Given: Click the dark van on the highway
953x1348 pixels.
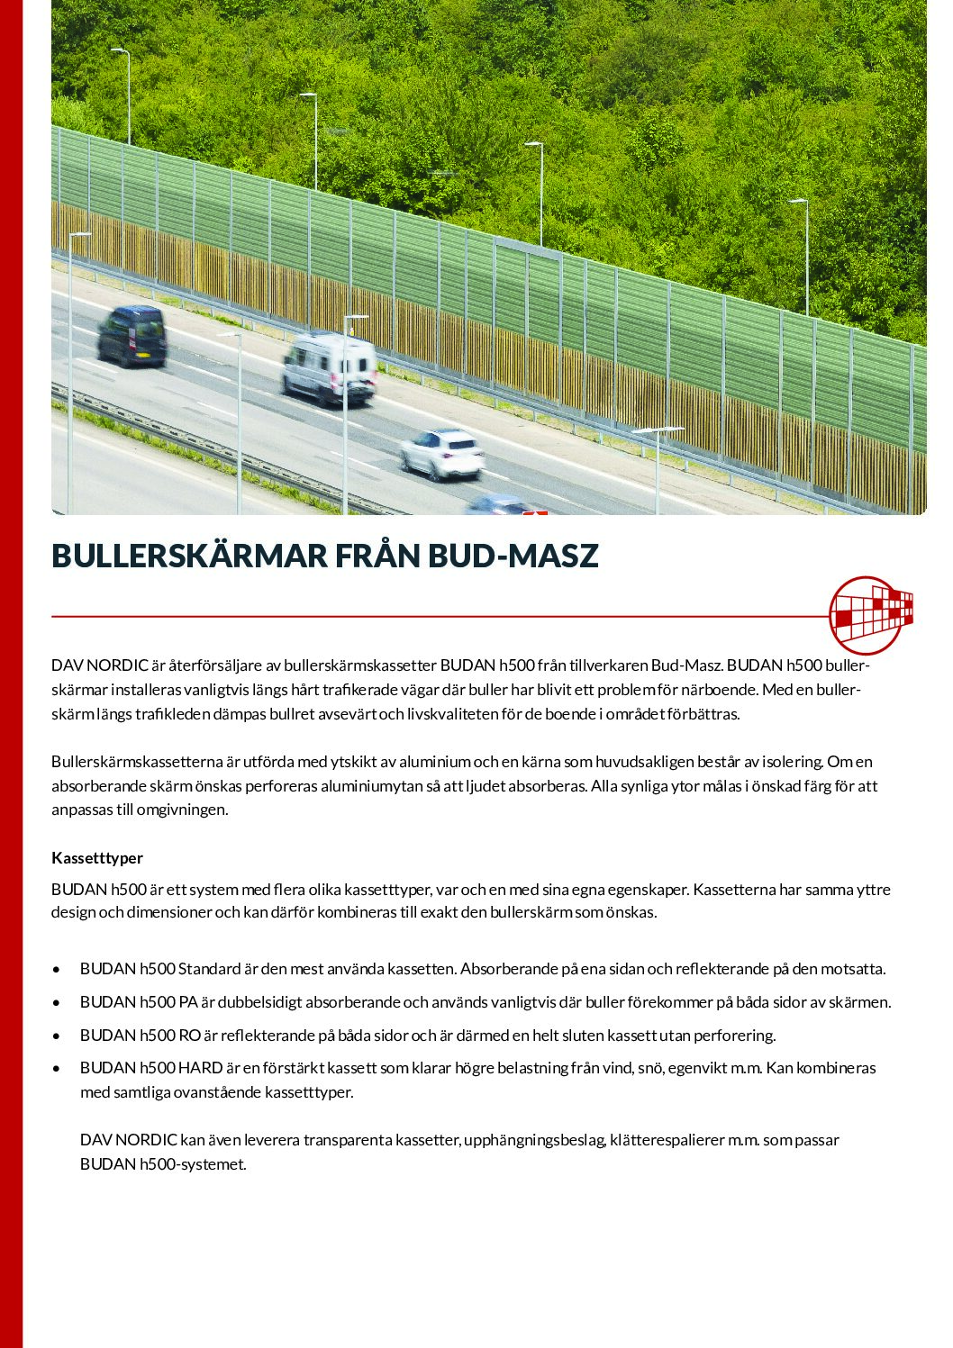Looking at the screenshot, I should click(132, 335).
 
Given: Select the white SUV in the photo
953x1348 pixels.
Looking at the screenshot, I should click(441, 454).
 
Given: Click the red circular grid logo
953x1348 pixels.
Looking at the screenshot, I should click(868, 615).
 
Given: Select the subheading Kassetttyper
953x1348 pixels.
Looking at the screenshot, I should click(97, 857).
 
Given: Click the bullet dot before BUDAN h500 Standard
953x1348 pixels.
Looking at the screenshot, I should click(57, 970).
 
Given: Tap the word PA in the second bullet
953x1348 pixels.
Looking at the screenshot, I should click(188, 1001).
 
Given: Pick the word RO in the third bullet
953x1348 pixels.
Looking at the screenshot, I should click(189, 1035).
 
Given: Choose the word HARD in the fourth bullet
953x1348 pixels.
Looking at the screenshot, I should click(200, 1068).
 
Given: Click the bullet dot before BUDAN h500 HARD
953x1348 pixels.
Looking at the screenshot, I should click(57, 1069).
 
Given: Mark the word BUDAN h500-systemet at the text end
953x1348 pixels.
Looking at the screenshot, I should click(162, 1163).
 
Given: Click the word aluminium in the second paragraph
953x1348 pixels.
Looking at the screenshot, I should click(429, 762).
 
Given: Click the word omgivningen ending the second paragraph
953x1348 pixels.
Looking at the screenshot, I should click(182, 809).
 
